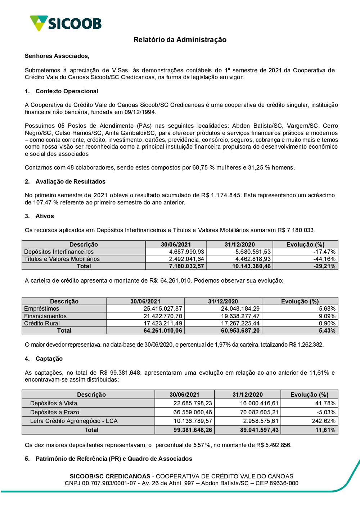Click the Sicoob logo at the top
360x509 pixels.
pos(66,23)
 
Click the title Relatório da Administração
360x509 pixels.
pos(180,40)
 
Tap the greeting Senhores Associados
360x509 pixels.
pos(57,56)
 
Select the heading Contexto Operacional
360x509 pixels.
pos(67,91)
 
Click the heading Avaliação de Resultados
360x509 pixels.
pos(70,181)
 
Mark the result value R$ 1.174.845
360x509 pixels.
pos(221,195)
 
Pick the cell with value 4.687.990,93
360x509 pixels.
pos(186,252)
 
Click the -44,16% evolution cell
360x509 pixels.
pos(324,259)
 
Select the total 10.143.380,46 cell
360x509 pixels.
pos(251,266)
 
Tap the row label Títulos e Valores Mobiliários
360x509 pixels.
pos(62,259)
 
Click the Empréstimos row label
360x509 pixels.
pos(41,308)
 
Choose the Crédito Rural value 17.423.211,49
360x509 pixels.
pos(163,323)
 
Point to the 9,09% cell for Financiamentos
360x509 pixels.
pos(327,316)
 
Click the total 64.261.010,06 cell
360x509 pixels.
pos(163,330)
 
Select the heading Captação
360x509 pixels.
pos(49,359)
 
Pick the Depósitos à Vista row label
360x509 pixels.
pos(54,403)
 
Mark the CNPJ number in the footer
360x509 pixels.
pos(109,483)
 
